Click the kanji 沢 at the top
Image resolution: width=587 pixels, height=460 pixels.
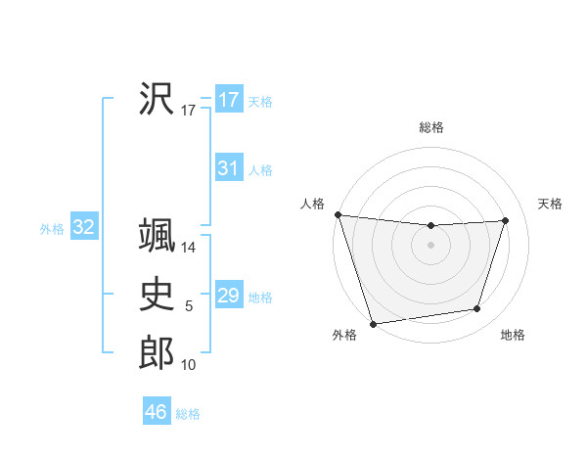[x=157, y=97]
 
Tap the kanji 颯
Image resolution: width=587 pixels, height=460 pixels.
[x=157, y=236]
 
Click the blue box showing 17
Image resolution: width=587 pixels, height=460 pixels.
[x=228, y=100]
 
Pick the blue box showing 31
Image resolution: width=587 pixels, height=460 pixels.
[x=228, y=168]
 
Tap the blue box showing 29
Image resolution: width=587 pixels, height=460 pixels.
[x=228, y=296]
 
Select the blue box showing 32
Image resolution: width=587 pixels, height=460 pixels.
[x=84, y=228]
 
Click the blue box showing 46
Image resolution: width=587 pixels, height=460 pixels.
[x=156, y=412]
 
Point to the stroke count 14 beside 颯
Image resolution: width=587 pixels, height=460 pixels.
[x=189, y=249]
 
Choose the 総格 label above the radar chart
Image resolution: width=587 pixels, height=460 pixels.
[x=431, y=127]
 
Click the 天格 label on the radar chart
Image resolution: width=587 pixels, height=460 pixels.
[x=551, y=204]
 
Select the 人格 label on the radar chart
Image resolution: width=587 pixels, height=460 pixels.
[x=312, y=204]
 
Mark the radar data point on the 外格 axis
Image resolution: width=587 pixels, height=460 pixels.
[x=373, y=323]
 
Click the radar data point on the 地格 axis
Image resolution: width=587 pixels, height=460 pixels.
[x=477, y=309]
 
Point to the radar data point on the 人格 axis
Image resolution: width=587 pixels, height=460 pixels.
[x=338, y=214]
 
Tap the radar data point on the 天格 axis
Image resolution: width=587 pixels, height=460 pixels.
[x=506, y=220]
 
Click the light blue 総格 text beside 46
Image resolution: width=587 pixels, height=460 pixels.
[x=188, y=414]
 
